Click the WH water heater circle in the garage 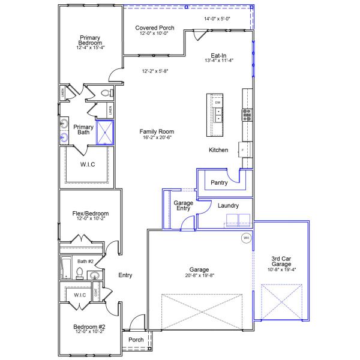coord(245,238)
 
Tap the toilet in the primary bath coord(106,94)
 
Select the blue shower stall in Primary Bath coord(105,133)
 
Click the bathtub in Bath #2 coord(66,267)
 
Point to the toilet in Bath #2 coord(79,274)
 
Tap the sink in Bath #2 coord(94,275)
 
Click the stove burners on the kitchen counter coord(246,112)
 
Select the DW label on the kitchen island coord(218,103)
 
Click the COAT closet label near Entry coord(104,293)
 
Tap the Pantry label coord(219,182)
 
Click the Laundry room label coord(228,206)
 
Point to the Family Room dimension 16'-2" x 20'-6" coord(157,138)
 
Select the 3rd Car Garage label coord(281,262)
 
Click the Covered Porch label coord(155,28)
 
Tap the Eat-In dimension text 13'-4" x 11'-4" coord(218,60)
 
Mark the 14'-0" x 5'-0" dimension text coord(217,19)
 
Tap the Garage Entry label coord(184,206)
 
